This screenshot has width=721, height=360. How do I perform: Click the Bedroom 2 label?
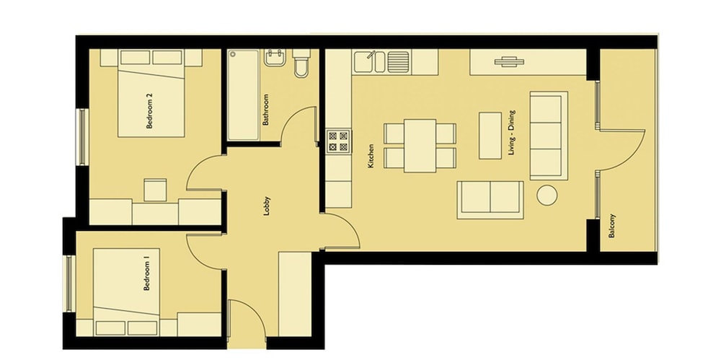pos(149,111)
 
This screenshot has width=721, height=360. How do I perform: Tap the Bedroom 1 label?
pos(147,276)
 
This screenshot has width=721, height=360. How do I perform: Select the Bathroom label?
pos(265,110)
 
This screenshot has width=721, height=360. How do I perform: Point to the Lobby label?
pos(267,206)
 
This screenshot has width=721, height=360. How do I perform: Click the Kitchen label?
pos(371,156)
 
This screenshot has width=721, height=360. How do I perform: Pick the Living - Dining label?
pos(512,132)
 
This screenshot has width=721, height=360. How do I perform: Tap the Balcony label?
pos(612,226)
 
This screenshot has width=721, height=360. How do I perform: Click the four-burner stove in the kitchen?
pos(338,141)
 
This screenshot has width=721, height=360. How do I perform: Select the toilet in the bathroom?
pos(301,63)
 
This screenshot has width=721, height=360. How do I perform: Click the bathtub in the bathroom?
pos(244,95)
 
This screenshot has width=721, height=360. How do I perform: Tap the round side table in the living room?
pos(547,195)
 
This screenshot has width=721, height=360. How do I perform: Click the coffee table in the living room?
pos(490,136)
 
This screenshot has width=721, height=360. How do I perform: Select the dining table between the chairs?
pos(420,146)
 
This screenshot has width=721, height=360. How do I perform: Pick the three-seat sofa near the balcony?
pos(549,136)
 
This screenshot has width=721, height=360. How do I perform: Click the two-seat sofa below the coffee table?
pos(490,200)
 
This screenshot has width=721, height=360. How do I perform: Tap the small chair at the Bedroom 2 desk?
pos(155,190)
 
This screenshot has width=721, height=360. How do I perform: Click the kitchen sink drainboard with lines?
pos(398,62)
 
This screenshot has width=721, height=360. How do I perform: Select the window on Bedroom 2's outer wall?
pos(82,136)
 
